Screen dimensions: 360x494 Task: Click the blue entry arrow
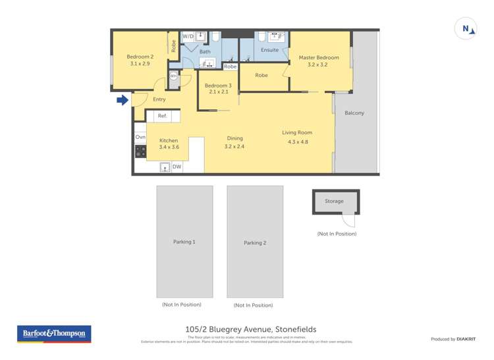point(122,100)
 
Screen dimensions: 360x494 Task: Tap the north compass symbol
point(466,29)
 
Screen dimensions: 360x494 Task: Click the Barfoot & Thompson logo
point(54,334)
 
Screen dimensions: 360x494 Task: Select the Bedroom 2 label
point(140,57)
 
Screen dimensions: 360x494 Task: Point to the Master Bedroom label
point(318,57)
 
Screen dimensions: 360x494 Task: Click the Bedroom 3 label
point(217,86)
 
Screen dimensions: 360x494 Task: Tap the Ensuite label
point(270,50)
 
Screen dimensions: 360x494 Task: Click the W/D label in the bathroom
point(188,36)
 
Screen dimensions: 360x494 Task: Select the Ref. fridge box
point(162,116)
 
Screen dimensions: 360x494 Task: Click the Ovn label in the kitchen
point(140,137)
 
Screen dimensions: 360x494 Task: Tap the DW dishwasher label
point(177,167)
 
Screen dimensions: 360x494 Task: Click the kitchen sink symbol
point(165,167)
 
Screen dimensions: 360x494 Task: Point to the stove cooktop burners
point(140,151)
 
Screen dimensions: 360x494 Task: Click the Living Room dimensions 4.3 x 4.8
point(297,141)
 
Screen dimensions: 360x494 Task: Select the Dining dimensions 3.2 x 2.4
point(234,147)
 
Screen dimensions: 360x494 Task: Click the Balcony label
point(354,113)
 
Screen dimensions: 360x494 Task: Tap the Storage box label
point(334,201)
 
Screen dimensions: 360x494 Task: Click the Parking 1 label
point(184,242)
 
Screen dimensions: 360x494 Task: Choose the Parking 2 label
point(255,243)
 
